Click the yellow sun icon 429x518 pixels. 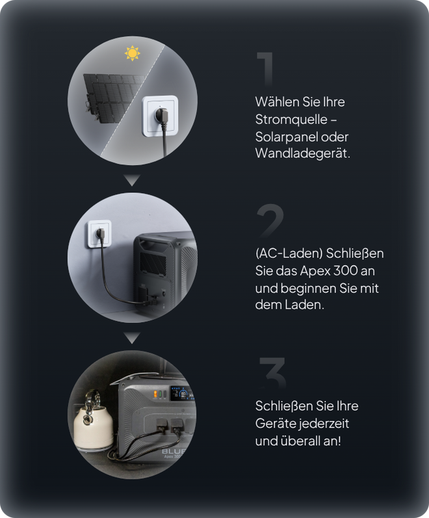click(x=132, y=53)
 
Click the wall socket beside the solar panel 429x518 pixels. click(x=160, y=116)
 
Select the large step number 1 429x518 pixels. click(x=265, y=69)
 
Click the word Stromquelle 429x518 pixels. click(x=291, y=120)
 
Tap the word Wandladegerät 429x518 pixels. click(x=302, y=153)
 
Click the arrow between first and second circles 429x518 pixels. click(x=132, y=180)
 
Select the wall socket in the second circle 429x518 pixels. click(x=99, y=234)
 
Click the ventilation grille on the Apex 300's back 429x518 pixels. click(x=153, y=263)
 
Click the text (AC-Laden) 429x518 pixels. click(x=289, y=253)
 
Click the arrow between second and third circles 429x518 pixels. click(x=132, y=337)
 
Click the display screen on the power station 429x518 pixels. click(x=182, y=393)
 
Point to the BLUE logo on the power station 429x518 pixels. click(x=174, y=451)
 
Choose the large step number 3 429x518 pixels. click(x=272, y=372)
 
